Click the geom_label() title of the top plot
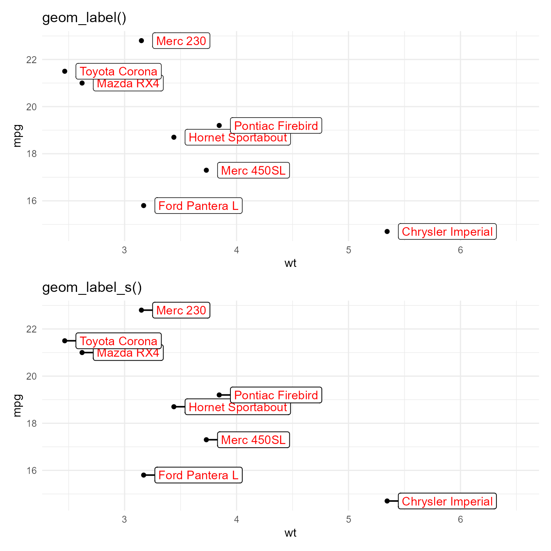pyautogui.click(x=84, y=18)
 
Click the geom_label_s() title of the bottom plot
pyautogui.click(x=92, y=287)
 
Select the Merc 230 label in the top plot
pyautogui.click(x=181, y=41)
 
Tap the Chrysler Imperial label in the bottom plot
pyautogui.click(x=447, y=501)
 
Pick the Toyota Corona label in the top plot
pyautogui.click(x=118, y=71)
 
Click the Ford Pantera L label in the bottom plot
pyautogui.click(x=198, y=475)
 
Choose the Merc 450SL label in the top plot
pyautogui.click(x=253, y=171)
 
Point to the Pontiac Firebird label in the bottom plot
pyautogui.click(x=276, y=395)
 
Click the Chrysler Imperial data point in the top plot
pyautogui.click(x=387, y=232)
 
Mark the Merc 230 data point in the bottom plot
pyautogui.click(x=141, y=310)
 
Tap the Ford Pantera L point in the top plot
pyautogui.click(x=143, y=205)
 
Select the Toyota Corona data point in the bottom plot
pyautogui.click(x=65, y=341)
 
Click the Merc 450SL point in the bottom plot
pyautogui.click(x=206, y=440)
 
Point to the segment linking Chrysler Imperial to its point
pyautogui.click(x=393, y=501)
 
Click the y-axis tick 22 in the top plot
pyautogui.click(x=32, y=60)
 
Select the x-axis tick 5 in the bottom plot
pyautogui.click(x=348, y=520)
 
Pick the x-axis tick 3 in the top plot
pyautogui.click(x=124, y=250)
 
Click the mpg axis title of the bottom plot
pyautogui.click(x=17, y=405)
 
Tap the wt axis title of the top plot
pyautogui.click(x=290, y=263)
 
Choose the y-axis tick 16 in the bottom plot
pyautogui.click(x=32, y=471)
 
